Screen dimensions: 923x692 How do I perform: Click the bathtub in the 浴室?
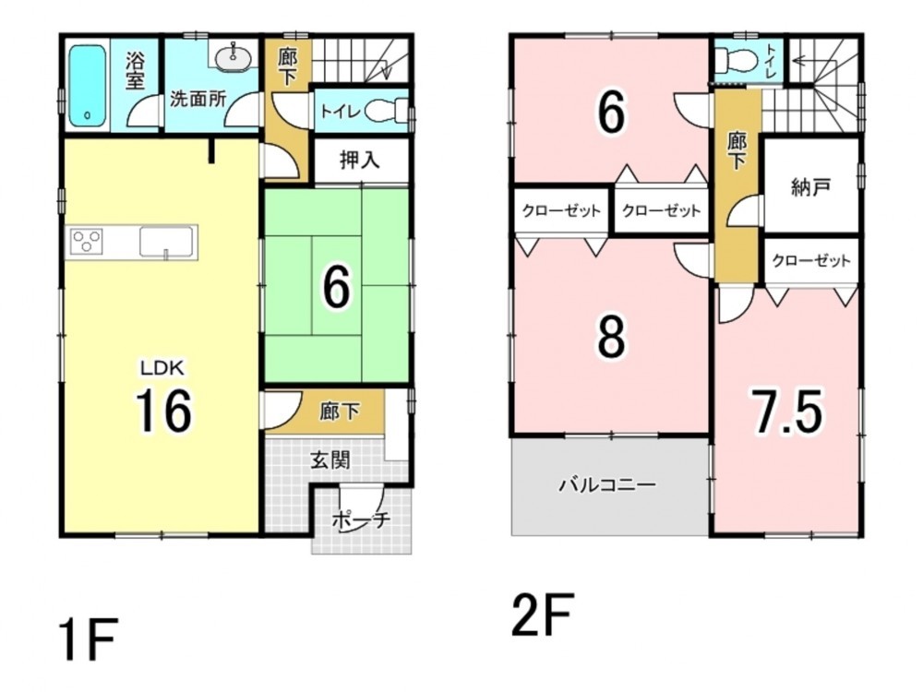pos(87,86)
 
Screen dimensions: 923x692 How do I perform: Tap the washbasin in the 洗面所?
pos(234,57)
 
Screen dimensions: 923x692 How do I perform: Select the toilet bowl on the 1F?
pos(386,111)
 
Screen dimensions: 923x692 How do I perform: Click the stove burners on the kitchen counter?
pos(87,241)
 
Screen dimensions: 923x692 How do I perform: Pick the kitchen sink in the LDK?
pos(166,242)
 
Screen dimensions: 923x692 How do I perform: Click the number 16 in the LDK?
pos(163,411)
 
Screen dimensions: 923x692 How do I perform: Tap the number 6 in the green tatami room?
pos(337,287)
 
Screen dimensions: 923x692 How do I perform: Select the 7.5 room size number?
pos(788,411)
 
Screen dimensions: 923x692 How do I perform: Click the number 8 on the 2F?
pos(612,337)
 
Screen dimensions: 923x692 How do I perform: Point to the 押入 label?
pos(360,160)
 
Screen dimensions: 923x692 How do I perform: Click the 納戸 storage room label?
pos(811,187)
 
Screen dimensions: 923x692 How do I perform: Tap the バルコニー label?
pos(608,485)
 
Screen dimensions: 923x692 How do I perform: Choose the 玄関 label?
pos(330,460)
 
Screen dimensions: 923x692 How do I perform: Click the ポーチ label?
pos(362,520)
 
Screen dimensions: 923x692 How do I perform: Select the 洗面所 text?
pos(198,99)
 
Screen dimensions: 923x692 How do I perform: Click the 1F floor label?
pos(89,638)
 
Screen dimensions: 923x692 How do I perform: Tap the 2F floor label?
pos(543,614)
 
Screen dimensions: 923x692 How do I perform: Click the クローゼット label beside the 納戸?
pos(811,260)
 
